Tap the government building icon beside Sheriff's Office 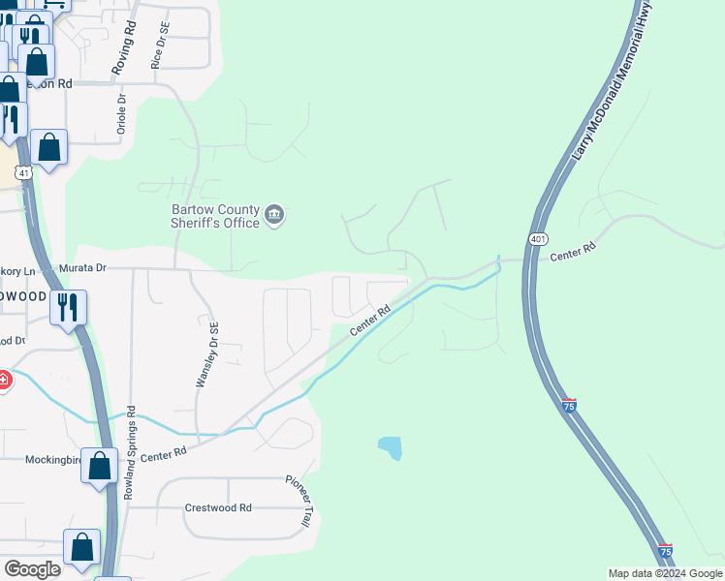click(x=274, y=215)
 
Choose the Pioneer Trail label click(x=299, y=500)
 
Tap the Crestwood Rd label click(x=218, y=507)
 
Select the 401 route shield click(x=539, y=238)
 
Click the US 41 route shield click(x=24, y=171)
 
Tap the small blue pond click(x=390, y=447)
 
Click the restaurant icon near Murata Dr click(x=68, y=308)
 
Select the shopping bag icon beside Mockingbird click(x=100, y=467)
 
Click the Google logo click(x=32, y=568)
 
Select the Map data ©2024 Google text click(x=664, y=573)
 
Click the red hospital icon click(x=4, y=380)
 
